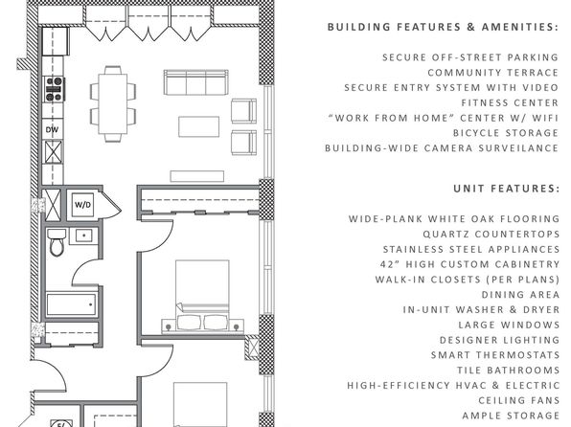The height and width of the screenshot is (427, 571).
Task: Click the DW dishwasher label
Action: (52, 129)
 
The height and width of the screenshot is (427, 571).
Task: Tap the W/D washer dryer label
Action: (83, 205)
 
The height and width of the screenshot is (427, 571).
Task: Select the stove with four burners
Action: (54, 89)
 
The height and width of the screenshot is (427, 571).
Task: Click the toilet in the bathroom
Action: (57, 242)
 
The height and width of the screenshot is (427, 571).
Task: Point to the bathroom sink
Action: (83, 236)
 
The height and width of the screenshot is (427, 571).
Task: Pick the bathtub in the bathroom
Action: (72, 304)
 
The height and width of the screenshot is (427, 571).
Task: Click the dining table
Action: (113, 104)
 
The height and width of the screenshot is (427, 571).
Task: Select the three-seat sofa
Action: (195, 82)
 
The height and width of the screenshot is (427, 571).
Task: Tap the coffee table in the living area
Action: (199, 126)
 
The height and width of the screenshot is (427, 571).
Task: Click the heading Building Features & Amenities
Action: (443, 27)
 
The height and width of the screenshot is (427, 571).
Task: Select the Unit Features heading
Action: (506, 189)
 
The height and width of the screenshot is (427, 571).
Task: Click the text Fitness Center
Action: (510, 103)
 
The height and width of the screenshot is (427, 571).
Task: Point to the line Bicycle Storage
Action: (506, 133)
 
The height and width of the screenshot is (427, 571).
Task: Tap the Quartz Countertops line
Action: (491, 234)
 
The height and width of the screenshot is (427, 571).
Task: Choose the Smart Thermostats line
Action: (495, 355)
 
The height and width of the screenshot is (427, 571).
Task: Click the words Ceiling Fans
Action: (519, 400)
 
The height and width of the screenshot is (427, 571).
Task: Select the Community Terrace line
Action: (493, 73)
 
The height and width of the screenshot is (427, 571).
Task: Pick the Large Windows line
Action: (509, 325)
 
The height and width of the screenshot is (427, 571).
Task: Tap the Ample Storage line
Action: (511, 416)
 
